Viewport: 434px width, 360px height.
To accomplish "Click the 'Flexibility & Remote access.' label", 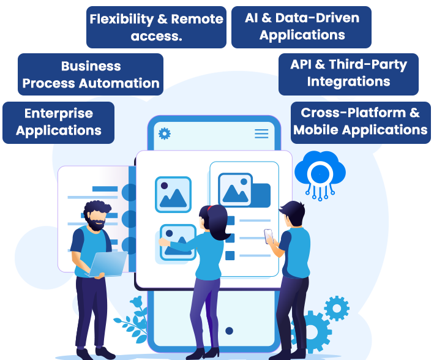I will click(156, 28).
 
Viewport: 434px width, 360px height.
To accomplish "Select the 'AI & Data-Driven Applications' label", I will click(302, 26).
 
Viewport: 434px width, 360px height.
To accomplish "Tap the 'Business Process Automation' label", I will click(91, 75).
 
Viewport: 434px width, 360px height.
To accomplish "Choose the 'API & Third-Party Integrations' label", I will click(348, 73).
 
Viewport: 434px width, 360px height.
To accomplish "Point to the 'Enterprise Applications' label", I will click(59, 122).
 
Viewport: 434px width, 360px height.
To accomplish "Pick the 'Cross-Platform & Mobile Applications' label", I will click(360, 121).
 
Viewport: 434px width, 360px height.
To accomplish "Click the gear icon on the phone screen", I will click(165, 133).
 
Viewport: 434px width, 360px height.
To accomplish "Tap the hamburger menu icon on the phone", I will click(261, 133).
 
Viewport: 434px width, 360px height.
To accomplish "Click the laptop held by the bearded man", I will click(108, 263).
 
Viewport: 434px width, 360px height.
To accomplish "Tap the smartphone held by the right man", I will click(269, 236).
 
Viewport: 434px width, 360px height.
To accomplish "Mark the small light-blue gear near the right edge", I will click(337, 308).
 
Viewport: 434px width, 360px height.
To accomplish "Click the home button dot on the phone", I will click(229, 331).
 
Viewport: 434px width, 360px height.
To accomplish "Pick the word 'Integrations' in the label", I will click(348, 81).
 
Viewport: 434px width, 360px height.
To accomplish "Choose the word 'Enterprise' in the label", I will click(59, 113).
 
